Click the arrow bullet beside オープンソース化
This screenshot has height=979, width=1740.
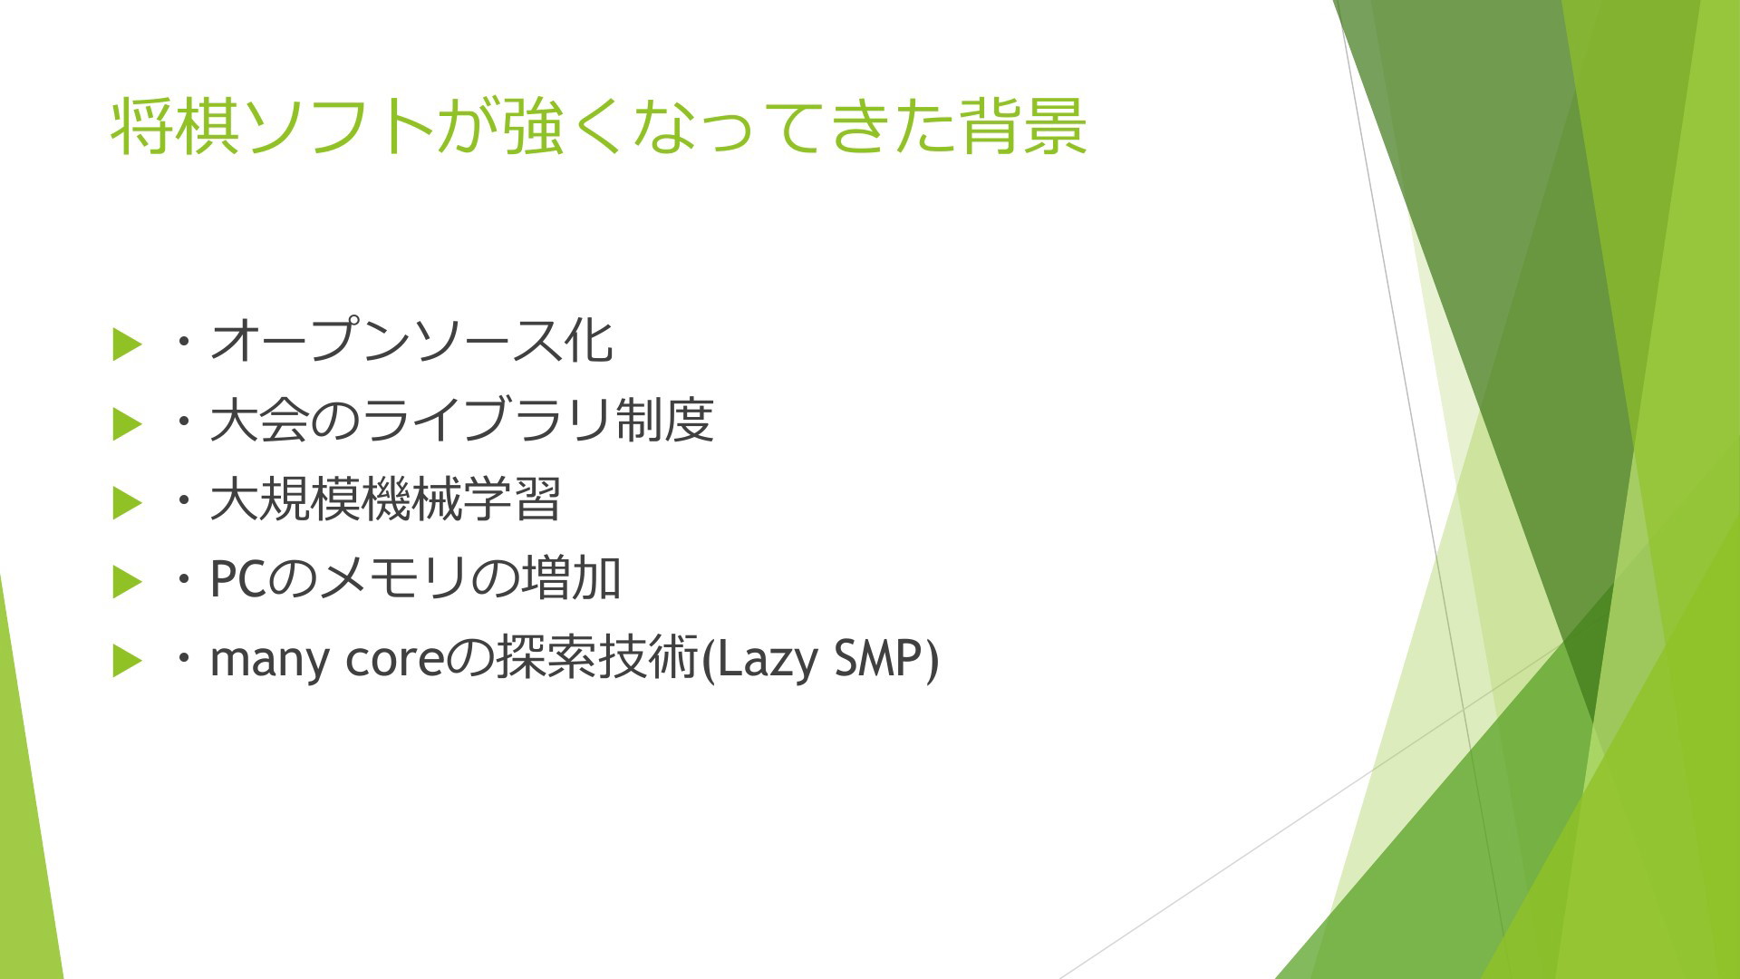[128, 344]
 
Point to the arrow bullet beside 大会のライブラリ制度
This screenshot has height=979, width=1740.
[128, 423]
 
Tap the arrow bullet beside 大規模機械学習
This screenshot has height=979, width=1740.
[128, 502]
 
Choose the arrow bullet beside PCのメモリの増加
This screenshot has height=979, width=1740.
[128, 582]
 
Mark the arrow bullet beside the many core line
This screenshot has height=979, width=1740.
[128, 661]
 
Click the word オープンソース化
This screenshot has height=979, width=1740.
[411, 342]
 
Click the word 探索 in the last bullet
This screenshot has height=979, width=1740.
[546, 659]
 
